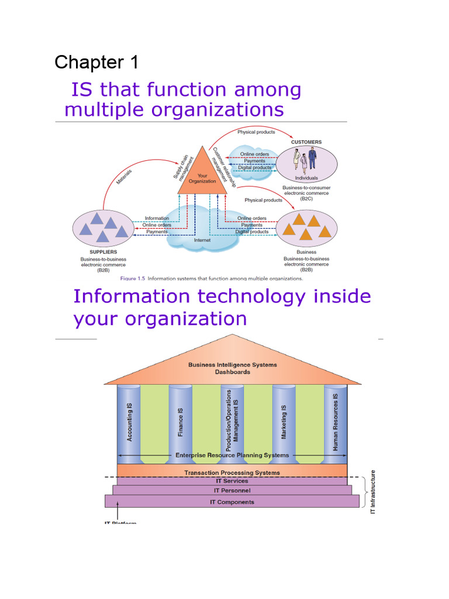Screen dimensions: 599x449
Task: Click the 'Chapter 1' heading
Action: (x=96, y=62)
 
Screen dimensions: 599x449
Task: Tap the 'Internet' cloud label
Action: (x=202, y=240)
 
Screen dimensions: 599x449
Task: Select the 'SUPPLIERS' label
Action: (x=95, y=252)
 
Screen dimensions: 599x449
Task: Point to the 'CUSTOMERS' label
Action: (x=306, y=142)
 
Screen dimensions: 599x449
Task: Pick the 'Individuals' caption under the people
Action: (x=306, y=178)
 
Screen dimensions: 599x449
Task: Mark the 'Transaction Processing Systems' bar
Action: (x=232, y=472)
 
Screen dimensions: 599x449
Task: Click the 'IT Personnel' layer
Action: (x=232, y=491)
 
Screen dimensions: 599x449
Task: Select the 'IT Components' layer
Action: (x=232, y=502)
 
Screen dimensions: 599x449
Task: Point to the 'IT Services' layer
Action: (x=232, y=481)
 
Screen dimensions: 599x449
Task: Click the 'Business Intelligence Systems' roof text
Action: (x=232, y=365)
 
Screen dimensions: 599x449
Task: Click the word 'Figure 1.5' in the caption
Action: (x=132, y=278)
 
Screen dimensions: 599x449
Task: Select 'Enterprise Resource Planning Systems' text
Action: (x=232, y=455)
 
